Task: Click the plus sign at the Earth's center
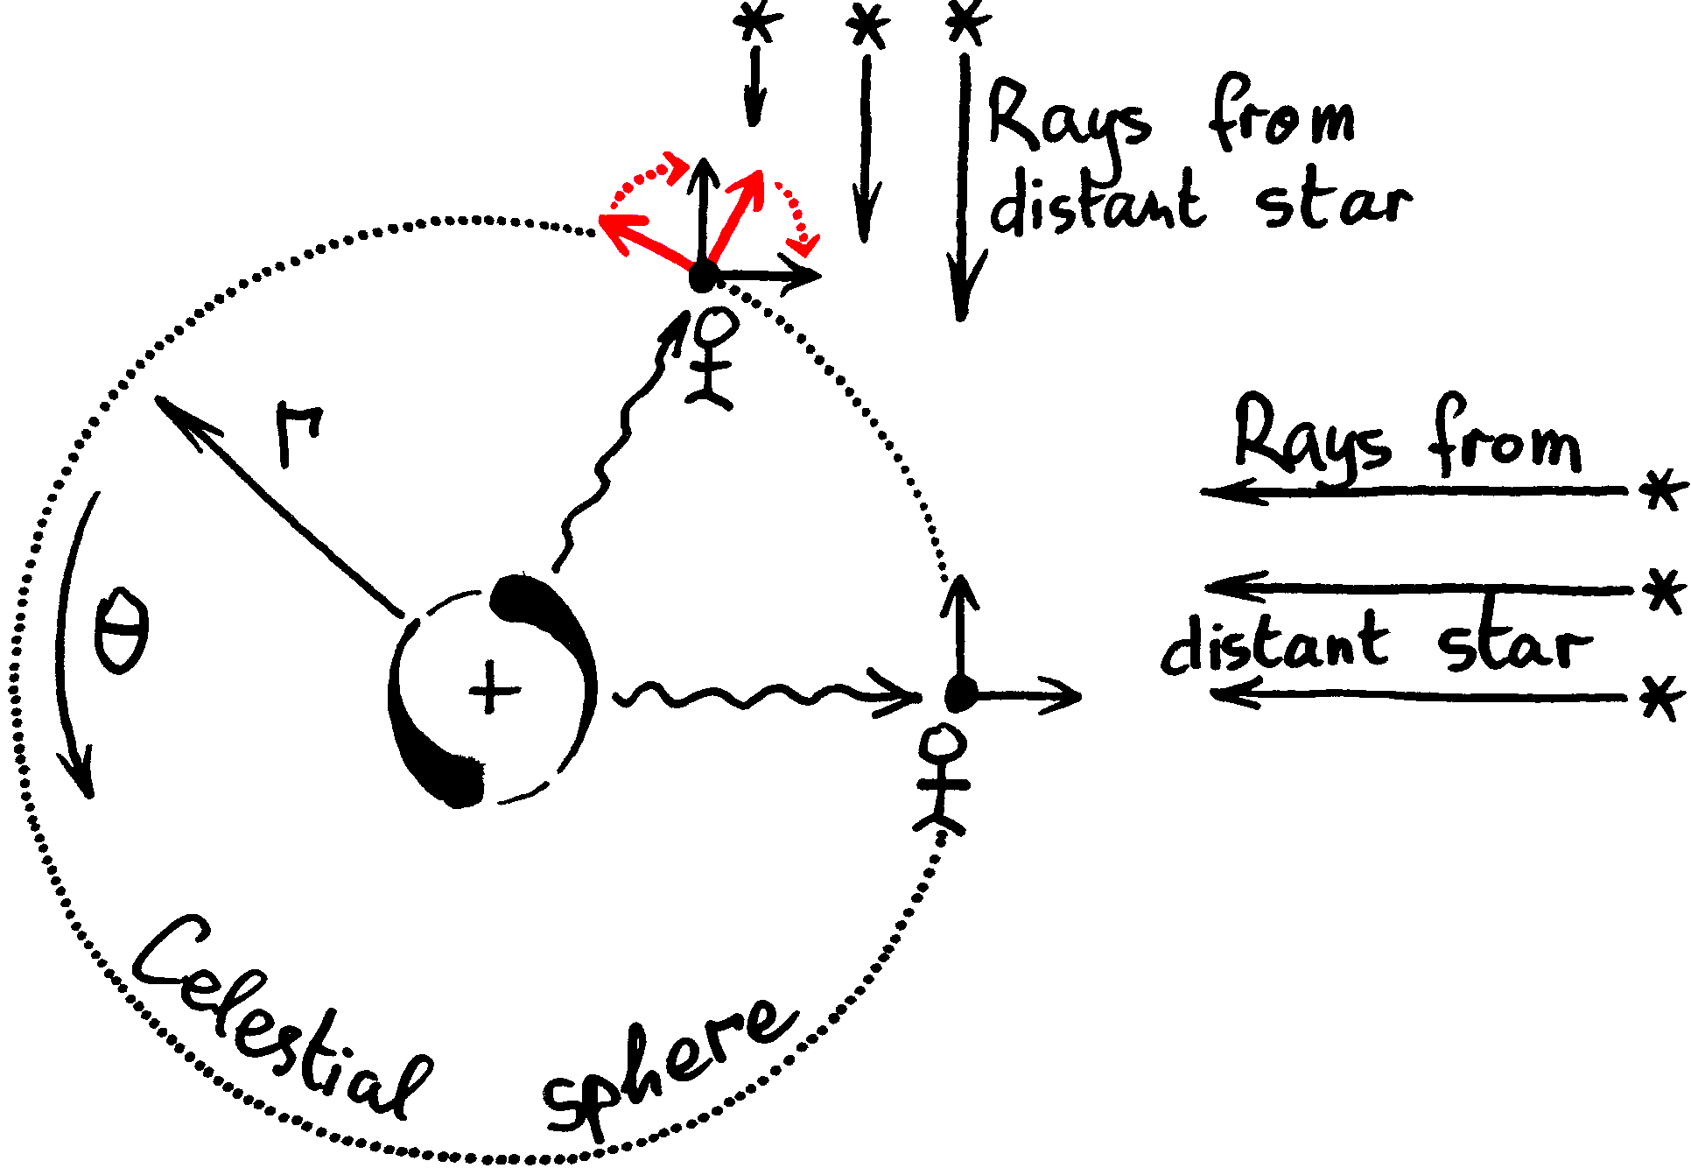tap(494, 690)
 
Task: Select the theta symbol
tap(122, 630)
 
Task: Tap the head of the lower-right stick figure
tap(944, 744)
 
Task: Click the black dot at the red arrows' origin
tap(703, 278)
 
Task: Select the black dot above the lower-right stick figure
tap(961, 694)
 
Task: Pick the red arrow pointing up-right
tap(735, 215)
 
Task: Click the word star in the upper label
tap(1332, 206)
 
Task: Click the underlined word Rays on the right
tap(1310, 438)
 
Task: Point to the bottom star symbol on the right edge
tap(1662, 698)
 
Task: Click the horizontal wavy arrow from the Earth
tap(761, 696)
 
